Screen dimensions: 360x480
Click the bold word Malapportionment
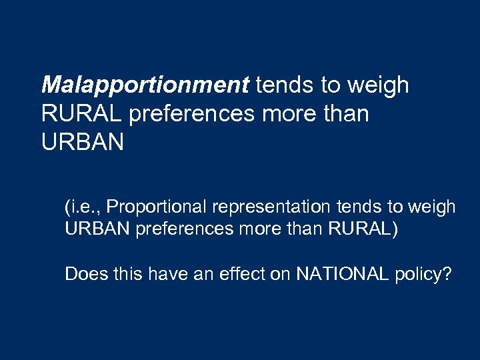click(x=145, y=86)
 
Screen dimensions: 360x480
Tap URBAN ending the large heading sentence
click(x=82, y=143)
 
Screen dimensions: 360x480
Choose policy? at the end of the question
click(x=423, y=274)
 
